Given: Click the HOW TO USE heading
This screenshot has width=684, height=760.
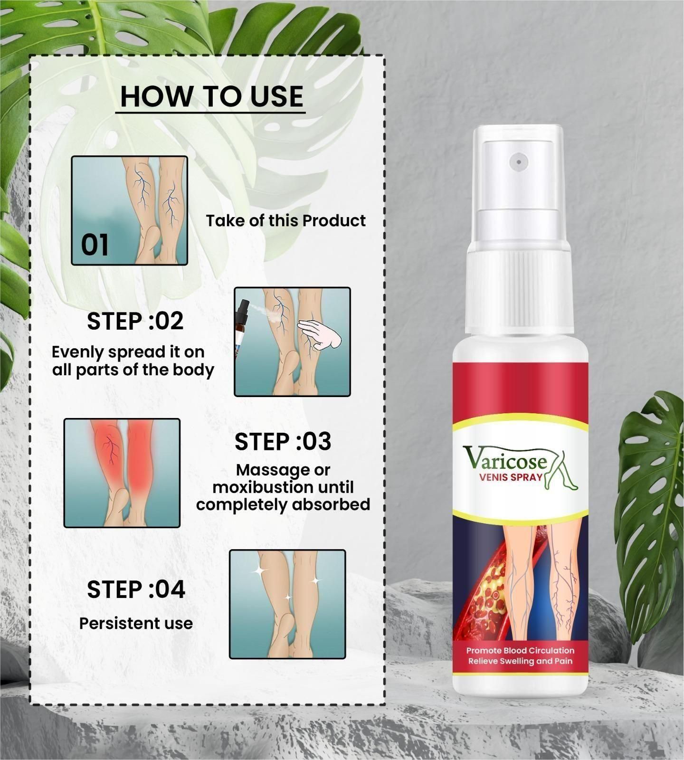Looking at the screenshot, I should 211,96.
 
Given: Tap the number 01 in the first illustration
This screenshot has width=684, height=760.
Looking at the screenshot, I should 95,245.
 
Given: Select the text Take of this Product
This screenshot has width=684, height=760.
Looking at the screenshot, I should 285,221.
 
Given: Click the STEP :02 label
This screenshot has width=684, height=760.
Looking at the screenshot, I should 135,321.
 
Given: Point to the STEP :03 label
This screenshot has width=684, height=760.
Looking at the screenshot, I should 283,442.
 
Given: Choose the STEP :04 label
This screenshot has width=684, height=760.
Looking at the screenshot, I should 136,589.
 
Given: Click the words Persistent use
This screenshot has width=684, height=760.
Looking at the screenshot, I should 136,623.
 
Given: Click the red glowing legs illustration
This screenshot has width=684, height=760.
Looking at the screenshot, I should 122,473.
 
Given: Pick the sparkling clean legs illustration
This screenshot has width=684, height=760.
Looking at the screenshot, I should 287,604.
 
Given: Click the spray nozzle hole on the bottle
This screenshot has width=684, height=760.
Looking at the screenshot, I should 519,162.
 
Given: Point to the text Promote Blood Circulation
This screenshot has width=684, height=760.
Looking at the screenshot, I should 520,650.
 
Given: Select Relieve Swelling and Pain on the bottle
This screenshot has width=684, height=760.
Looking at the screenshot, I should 520,661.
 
